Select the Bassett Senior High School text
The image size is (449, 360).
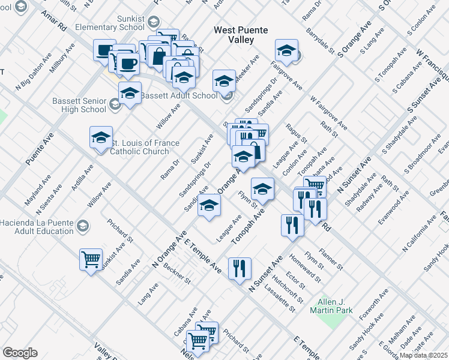click(x=79, y=105)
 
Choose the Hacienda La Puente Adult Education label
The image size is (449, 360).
click(x=37, y=227)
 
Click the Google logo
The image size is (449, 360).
click(x=20, y=353)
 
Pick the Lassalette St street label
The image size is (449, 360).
click(x=284, y=301)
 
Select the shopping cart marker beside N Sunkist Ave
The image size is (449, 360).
click(x=91, y=260)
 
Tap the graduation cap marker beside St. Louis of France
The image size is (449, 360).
click(x=101, y=137)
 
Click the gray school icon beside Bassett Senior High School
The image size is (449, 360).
click(x=114, y=106)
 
